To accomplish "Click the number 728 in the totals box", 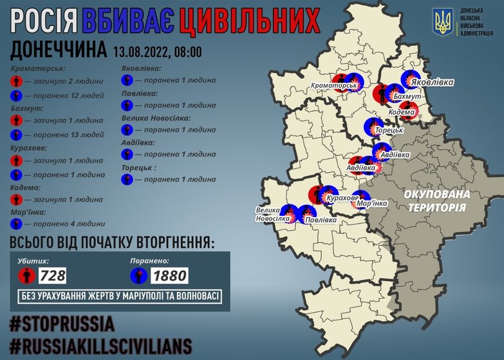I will [52, 276].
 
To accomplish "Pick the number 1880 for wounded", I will [169, 276].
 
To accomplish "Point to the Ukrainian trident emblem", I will [443, 23].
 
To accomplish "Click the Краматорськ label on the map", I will [334, 86].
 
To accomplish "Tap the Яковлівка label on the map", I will [430, 83].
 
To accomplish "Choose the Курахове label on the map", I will [342, 198].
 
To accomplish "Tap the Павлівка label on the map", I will [320, 220].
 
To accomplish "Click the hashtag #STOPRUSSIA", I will [62, 323].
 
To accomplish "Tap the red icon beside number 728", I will [26, 276].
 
